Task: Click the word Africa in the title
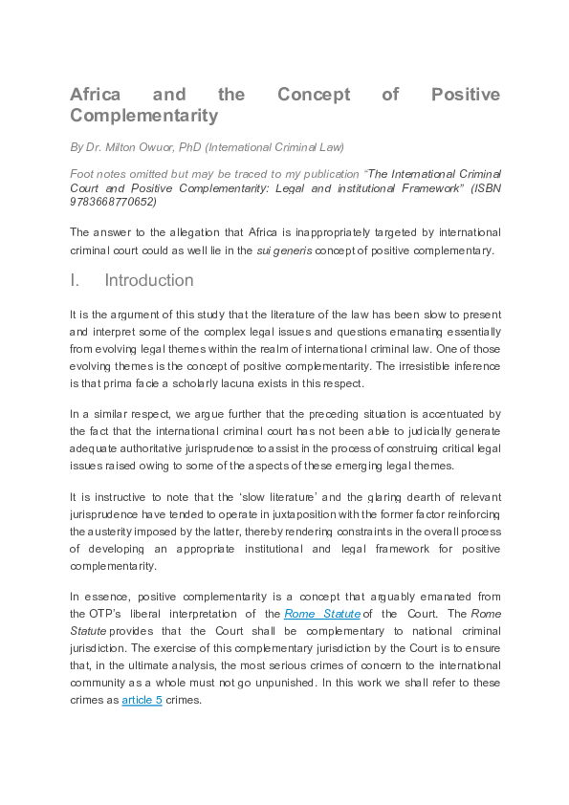(x=96, y=95)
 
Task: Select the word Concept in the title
(x=314, y=95)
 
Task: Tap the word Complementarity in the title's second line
(x=143, y=117)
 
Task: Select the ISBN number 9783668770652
(x=113, y=202)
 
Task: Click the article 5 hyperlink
(x=142, y=699)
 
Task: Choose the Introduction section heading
(x=148, y=281)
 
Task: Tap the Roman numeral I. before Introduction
(x=75, y=281)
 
